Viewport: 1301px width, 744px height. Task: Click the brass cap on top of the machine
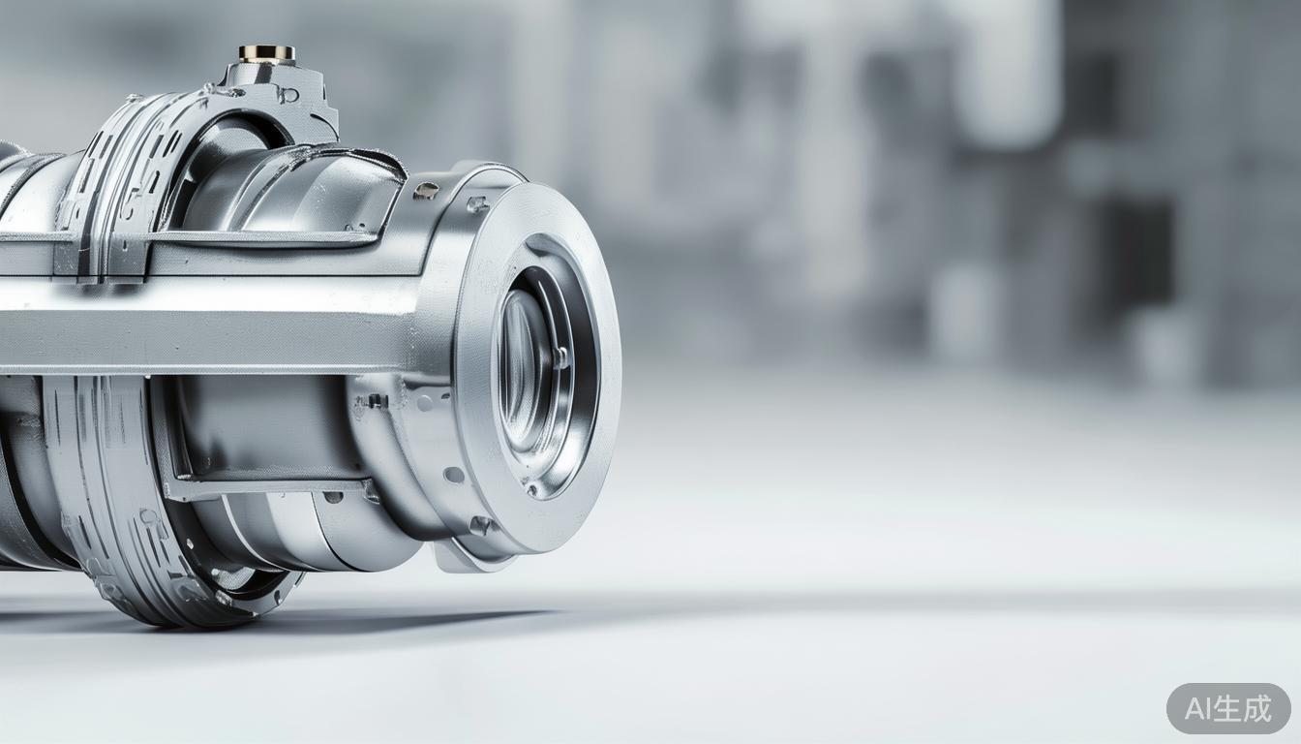tap(267, 53)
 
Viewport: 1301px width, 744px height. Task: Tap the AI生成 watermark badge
tap(1227, 708)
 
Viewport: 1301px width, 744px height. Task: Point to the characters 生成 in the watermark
tap(1245, 709)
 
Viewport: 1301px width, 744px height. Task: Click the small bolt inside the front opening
tap(560, 356)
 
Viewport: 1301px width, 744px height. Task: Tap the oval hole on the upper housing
tap(425, 191)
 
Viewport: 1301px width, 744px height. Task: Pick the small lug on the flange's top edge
tap(477, 203)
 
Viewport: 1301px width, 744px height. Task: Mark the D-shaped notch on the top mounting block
tap(288, 94)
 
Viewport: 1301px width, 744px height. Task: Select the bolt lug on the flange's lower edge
tap(480, 525)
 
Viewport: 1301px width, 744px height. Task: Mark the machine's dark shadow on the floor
tap(319, 620)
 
